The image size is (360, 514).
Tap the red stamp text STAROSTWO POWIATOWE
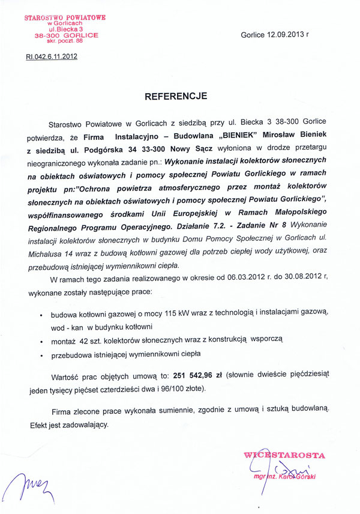pyautogui.click(x=65, y=18)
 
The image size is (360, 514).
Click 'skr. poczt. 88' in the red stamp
pyautogui.click(x=64, y=42)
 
